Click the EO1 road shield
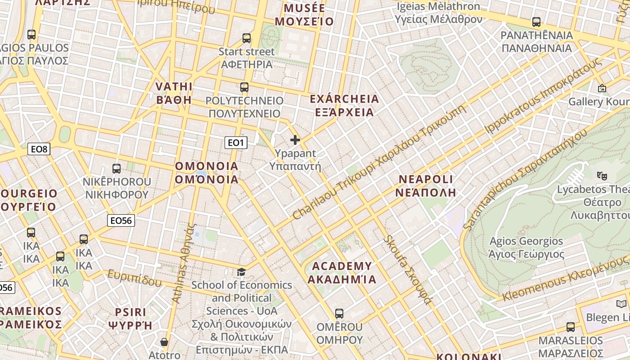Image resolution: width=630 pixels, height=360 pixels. pyautogui.click(x=236, y=143)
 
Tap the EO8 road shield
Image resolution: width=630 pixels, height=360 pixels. pyautogui.click(x=39, y=149)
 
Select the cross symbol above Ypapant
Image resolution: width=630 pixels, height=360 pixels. pyautogui.click(x=295, y=140)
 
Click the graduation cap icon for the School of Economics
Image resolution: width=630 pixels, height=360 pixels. pyautogui.click(x=242, y=272)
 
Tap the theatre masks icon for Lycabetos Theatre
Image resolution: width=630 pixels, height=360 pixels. pyautogui.click(x=602, y=175)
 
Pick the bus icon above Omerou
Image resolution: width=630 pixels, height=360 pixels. pyautogui.click(x=339, y=313)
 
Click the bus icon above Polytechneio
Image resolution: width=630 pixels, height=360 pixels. pyautogui.click(x=244, y=87)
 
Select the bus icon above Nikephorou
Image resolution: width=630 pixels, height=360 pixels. pyautogui.click(x=117, y=169)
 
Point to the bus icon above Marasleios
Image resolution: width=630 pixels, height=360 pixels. pyautogui.click(x=571, y=327)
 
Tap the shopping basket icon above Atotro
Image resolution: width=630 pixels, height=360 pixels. pyautogui.click(x=164, y=342)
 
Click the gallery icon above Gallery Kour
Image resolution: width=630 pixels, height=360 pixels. pyautogui.click(x=602, y=88)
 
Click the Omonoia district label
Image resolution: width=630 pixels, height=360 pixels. pyautogui.click(x=207, y=173)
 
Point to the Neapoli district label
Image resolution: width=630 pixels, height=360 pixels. pyautogui.click(x=426, y=186)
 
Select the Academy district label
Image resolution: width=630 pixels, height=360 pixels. pyautogui.click(x=342, y=273)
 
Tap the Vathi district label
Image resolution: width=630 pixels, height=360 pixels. pyautogui.click(x=174, y=93)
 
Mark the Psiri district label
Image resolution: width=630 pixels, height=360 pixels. pyautogui.click(x=130, y=319)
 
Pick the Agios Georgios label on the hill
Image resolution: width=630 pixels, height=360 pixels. pyautogui.click(x=526, y=247)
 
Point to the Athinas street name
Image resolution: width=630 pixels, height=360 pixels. pyautogui.click(x=184, y=263)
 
